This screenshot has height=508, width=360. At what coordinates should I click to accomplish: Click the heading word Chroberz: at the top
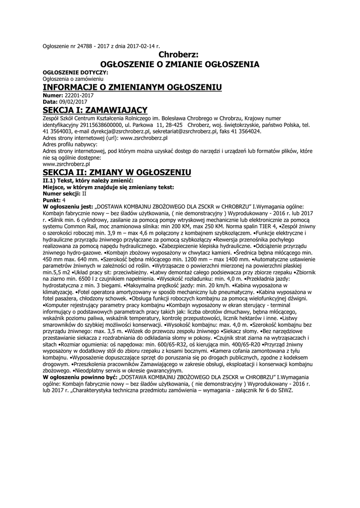(x=179, y=55)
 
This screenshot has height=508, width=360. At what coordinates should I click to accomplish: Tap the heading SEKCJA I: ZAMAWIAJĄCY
(x=95, y=109)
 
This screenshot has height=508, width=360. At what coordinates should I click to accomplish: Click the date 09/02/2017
(x=73, y=102)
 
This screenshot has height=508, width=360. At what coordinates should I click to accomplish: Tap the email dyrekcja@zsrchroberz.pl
(x=122, y=132)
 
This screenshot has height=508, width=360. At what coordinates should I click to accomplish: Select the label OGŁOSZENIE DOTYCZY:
(x=75, y=72)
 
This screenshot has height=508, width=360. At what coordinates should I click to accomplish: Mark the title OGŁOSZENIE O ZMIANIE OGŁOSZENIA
(x=179, y=64)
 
